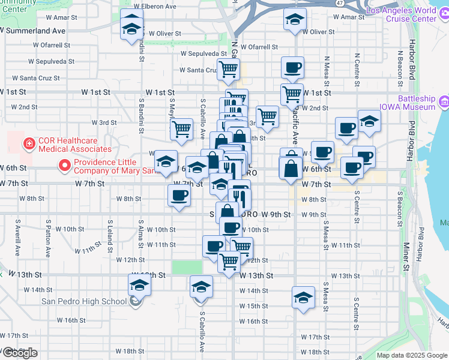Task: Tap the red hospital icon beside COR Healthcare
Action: coord(27,144)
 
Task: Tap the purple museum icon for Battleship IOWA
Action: coord(443,103)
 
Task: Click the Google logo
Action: coord(20,353)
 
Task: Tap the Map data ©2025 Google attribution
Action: coord(412,355)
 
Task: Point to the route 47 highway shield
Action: coord(340,3)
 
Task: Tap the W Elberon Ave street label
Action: coord(155,7)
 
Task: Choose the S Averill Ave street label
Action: coord(18,238)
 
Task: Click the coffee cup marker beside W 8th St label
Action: coord(178,196)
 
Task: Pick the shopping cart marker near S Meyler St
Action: coord(181,128)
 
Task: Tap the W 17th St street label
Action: coord(316,337)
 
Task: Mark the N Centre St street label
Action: coord(357,68)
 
